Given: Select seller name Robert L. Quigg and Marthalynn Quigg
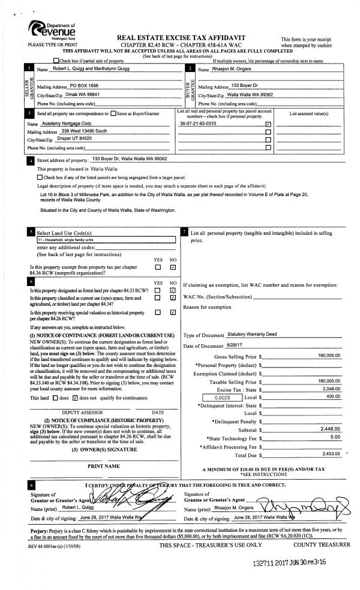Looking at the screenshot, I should pyautogui.click(x=88, y=70).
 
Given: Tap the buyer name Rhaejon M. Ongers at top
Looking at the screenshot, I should pyautogui.click(x=230, y=70).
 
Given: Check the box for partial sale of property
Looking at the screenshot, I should pyautogui.click(x=56, y=61).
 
